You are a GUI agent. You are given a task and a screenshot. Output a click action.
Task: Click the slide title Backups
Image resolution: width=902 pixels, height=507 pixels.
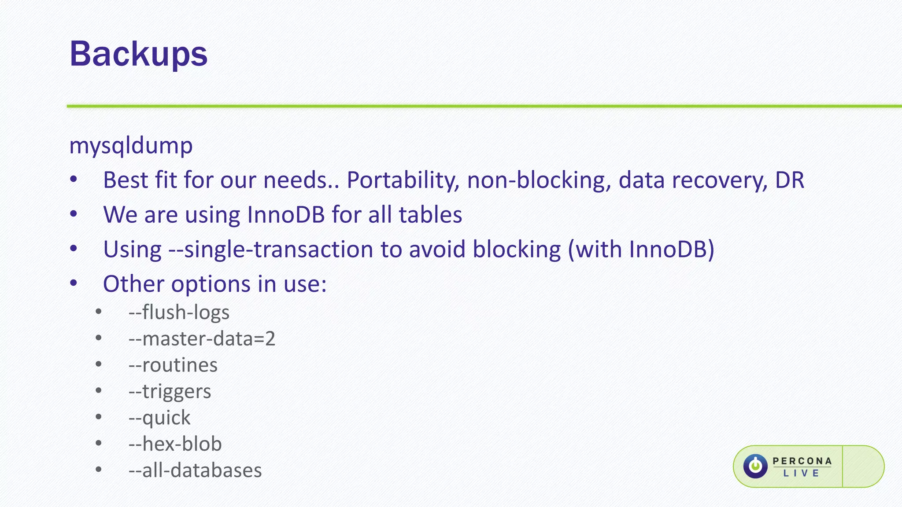coord(138,54)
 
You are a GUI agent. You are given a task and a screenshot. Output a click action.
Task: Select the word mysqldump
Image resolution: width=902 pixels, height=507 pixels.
coord(131,145)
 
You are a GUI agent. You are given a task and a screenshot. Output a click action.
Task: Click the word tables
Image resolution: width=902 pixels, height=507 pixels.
coord(430,215)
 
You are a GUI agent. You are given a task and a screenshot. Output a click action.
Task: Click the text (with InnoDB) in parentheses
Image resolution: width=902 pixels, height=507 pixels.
coord(641,250)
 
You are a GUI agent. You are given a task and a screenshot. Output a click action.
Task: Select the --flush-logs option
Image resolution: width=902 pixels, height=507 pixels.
coord(179,312)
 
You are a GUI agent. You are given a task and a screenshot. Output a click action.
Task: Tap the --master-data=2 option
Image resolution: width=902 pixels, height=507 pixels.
coord(202,339)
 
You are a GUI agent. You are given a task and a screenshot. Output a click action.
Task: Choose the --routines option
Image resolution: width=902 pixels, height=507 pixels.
coord(173,365)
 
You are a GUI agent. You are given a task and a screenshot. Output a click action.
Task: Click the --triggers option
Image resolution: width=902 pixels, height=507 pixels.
coord(170,392)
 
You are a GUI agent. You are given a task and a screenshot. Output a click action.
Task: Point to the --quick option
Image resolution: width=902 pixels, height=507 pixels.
coord(159,418)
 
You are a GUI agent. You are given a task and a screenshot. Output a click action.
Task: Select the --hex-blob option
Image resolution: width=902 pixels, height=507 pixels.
coord(175,444)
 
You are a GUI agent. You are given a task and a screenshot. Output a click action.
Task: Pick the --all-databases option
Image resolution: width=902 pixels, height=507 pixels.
coord(195,470)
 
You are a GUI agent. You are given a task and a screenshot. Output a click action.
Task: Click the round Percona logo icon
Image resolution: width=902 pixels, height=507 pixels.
coord(755,466)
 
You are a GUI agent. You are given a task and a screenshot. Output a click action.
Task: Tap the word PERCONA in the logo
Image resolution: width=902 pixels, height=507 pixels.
coord(802,461)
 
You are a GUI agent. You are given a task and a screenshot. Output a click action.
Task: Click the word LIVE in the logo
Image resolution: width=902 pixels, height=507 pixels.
coord(801,474)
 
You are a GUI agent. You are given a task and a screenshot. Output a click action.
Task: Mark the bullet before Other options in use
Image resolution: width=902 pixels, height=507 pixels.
coord(74,283)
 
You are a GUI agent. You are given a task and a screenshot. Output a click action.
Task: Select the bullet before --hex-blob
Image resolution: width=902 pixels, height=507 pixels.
coord(98,443)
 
